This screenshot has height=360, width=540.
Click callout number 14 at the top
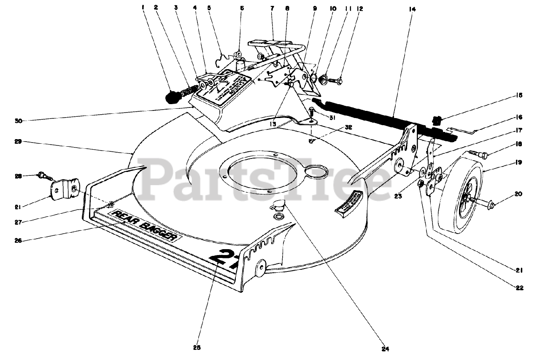(x=412, y=8)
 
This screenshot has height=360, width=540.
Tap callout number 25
(x=197, y=348)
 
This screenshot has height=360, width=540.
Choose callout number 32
(x=335, y=126)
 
